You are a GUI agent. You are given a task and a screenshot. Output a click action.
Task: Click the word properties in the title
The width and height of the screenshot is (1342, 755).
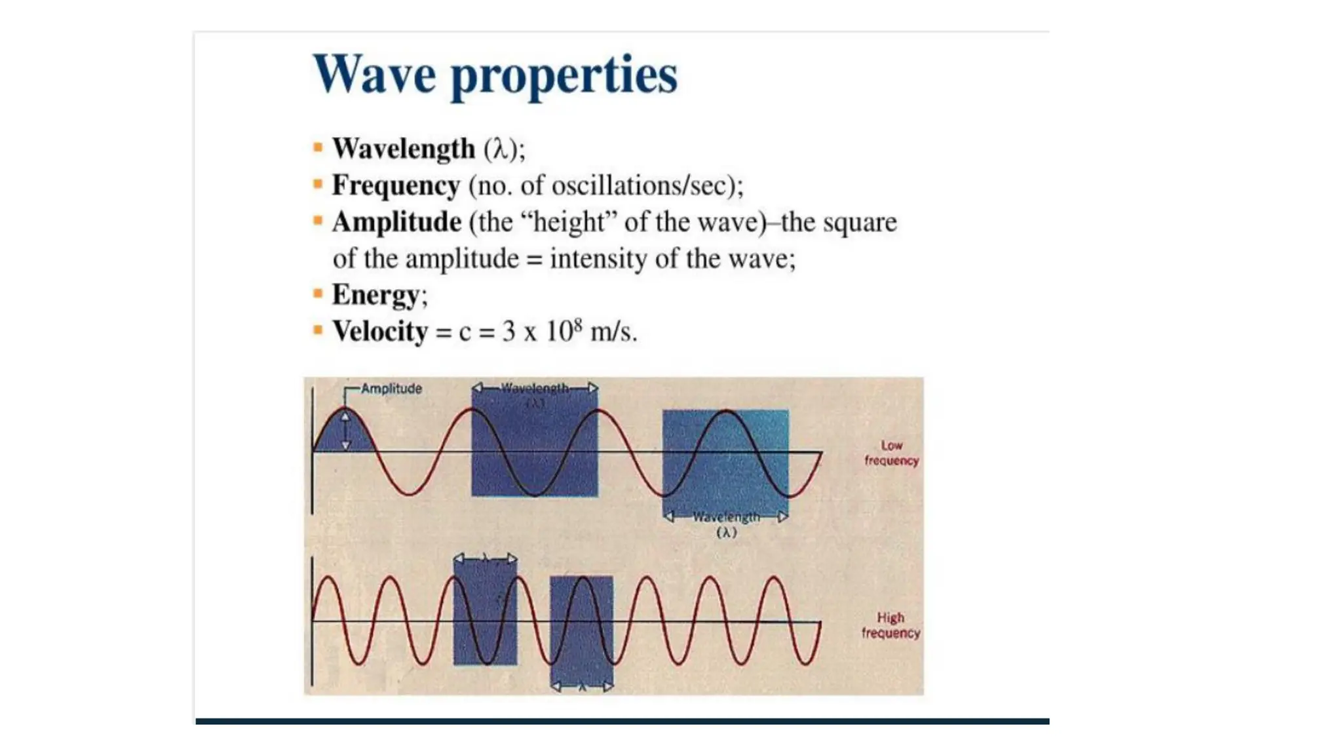coord(564,77)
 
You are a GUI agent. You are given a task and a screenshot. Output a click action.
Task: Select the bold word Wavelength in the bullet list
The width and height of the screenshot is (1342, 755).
coord(403,149)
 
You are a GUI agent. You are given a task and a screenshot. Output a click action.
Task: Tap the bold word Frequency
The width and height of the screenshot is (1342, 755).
coord(396,185)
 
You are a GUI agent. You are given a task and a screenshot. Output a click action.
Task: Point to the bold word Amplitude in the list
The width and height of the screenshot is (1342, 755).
coord(396,222)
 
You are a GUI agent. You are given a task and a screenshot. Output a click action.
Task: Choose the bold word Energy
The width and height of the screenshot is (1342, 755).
coord(375,295)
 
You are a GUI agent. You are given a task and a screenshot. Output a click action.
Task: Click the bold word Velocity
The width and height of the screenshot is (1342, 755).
coord(380,331)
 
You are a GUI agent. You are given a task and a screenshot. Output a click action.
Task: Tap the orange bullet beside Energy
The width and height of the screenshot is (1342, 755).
coord(318,294)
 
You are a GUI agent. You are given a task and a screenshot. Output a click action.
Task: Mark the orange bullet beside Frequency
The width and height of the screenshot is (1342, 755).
coord(318,184)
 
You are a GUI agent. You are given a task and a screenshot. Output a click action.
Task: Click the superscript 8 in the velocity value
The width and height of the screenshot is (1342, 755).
coord(577,323)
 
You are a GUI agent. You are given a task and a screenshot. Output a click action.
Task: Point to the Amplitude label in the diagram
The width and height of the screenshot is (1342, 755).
coord(391,389)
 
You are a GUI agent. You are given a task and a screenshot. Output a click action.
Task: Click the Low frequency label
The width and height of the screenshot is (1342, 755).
coord(891,453)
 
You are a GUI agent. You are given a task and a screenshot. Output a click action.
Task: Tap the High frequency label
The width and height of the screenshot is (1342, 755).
coord(891,625)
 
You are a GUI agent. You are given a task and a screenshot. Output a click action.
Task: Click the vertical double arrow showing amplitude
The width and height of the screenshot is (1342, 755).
coord(346,431)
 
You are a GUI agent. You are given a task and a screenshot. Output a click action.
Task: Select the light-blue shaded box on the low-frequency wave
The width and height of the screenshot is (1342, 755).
coord(725,463)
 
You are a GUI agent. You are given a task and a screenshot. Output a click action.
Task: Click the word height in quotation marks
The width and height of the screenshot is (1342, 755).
coord(567,222)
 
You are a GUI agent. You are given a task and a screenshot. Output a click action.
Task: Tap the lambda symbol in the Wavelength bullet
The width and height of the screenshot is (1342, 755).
coord(501,149)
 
